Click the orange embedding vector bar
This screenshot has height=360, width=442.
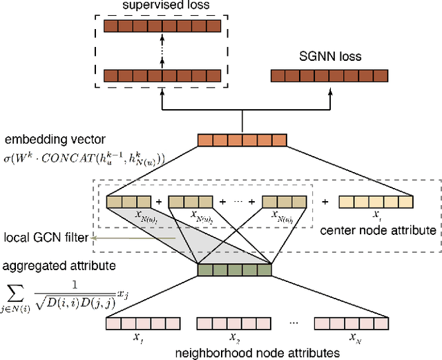(242, 140)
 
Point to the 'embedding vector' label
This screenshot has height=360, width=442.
(45, 142)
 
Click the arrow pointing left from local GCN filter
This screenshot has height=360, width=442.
(131, 238)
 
